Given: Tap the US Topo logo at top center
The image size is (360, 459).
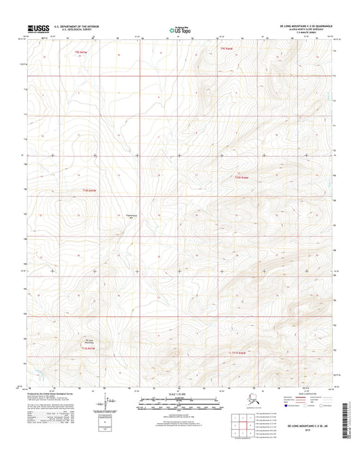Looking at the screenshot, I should coord(178,30).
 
